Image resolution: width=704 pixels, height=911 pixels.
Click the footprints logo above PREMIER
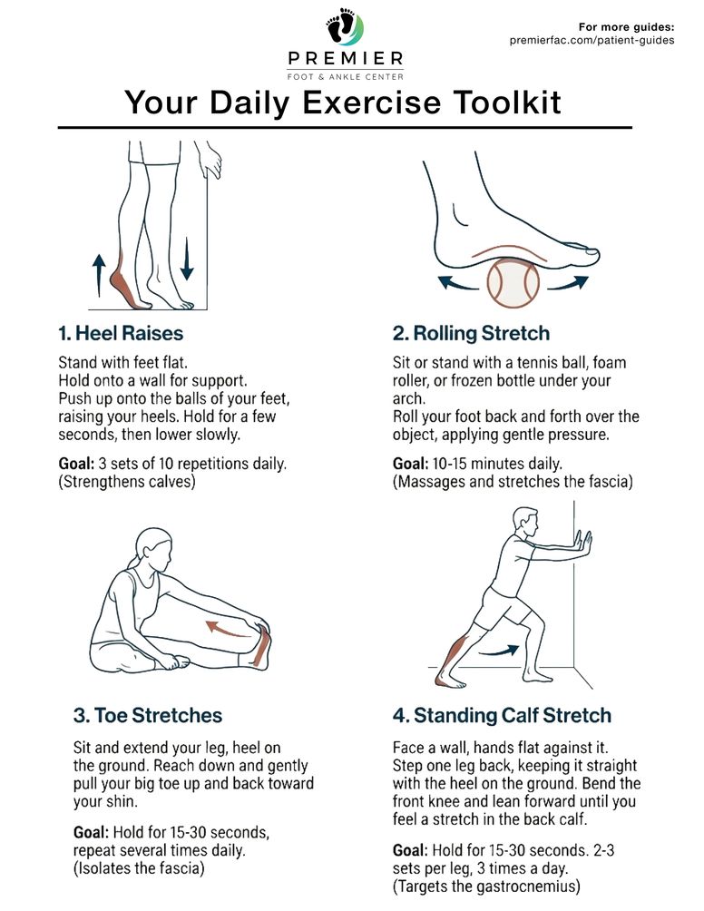click(x=345, y=26)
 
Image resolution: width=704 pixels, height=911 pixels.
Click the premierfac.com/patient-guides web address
click(x=592, y=40)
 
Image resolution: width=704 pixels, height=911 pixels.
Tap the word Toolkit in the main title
click(x=507, y=103)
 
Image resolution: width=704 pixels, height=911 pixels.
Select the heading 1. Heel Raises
click(x=121, y=333)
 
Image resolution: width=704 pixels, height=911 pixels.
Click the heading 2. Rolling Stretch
click(x=471, y=333)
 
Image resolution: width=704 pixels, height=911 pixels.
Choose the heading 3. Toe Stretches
click(x=148, y=715)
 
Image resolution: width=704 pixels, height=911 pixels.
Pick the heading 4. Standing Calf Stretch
click(x=502, y=715)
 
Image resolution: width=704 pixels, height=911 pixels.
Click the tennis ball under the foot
click(x=513, y=283)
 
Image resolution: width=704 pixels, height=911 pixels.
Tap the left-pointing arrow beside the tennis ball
click(x=458, y=282)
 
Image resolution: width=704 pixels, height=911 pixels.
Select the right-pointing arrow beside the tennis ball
click(x=568, y=282)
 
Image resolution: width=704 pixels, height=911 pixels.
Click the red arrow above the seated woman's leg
click(x=227, y=629)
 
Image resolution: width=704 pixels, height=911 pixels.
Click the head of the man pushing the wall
click(x=525, y=523)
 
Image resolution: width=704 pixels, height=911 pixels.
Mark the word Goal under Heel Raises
click(x=76, y=464)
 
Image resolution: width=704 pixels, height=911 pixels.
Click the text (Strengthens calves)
click(x=127, y=482)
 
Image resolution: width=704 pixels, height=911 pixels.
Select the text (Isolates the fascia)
click(x=139, y=868)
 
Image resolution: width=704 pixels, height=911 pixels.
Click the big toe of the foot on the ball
click(x=587, y=253)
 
